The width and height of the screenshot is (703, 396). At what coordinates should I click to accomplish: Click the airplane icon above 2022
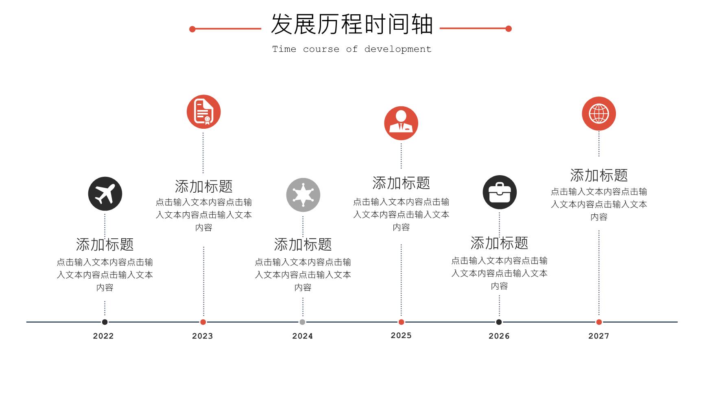click(105, 194)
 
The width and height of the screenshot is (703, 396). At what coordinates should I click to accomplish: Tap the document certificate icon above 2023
click(203, 112)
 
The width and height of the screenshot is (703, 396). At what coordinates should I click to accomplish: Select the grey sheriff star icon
click(303, 195)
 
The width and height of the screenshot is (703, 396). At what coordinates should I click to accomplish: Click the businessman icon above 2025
click(401, 123)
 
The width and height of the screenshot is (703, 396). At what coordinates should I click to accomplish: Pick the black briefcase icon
click(500, 192)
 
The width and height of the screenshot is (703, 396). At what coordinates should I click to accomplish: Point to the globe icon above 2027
click(599, 114)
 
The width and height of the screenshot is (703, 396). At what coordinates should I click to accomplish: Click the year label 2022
click(103, 336)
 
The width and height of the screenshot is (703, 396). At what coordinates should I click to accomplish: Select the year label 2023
click(203, 336)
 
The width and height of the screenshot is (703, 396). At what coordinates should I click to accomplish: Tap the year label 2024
click(303, 336)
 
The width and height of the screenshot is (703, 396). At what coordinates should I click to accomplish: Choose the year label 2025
click(401, 335)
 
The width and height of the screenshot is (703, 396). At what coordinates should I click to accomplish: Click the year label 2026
click(499, 336)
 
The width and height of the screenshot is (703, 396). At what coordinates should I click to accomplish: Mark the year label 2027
click(599, 336)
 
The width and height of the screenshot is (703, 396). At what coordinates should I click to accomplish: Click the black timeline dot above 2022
click(105, 322)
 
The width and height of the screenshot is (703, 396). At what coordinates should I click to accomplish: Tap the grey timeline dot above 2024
click(302, 322)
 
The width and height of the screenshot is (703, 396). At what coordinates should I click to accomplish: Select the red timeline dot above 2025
click(401, 322)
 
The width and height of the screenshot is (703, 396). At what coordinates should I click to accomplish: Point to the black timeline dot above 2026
click(499, 322)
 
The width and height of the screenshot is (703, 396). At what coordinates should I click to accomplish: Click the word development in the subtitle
click(398, 49)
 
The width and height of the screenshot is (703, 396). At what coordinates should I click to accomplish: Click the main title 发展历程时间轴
click(352, 24)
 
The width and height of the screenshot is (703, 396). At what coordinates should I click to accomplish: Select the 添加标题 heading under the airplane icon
click(105, 244)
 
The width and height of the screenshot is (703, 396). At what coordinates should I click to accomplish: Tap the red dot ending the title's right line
click(509, 29)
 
